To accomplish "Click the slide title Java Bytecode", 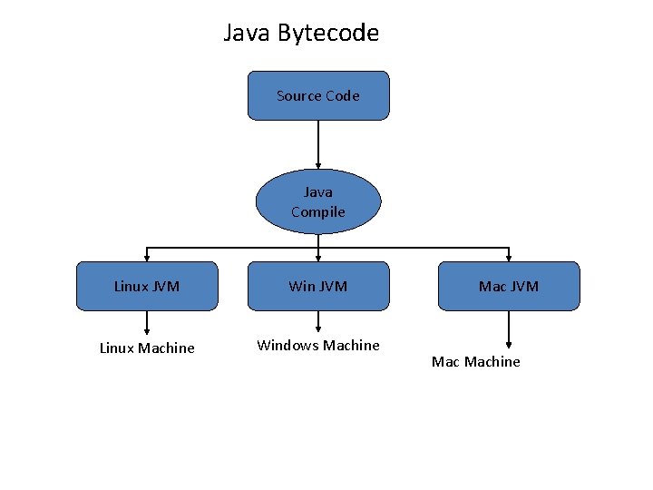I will [x=301, y=34].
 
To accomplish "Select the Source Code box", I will [x=318, y=96].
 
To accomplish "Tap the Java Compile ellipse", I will [x=318, y=201].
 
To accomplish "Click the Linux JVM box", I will [x=147, y=287].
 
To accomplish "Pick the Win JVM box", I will [x=318, y=287].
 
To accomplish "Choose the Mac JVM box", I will [x=509, y=287].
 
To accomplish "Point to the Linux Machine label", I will [x=147, y=348].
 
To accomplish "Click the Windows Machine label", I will [x=318, y=346].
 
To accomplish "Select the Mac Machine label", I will [x=476, y=362].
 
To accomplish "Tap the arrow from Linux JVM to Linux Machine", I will [x=147, y=322].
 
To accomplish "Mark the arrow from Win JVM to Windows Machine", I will [x=318, y=322].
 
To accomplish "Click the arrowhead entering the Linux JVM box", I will [x=147, y=258].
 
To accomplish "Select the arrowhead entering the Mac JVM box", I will [x=509, y=258].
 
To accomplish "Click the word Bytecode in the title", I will [x=328, y=34].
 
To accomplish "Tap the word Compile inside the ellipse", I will [x=318, y=212].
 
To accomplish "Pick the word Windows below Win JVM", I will [x=288, y=346].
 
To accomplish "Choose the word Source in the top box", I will [x=297, y=96].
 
